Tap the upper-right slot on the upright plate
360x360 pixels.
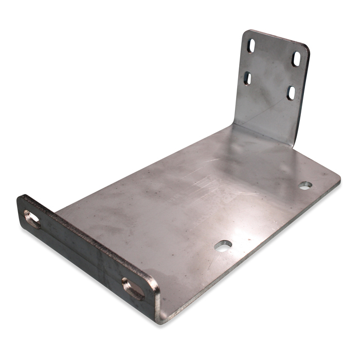[297, 59]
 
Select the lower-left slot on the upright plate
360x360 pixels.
[247, 78]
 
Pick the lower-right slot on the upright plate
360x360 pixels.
[291, 93]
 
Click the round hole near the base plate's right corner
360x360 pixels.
[305, 185]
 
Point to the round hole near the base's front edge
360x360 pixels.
[223, 246]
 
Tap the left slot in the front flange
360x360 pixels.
[32, 220]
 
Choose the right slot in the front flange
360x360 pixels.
[133, 289]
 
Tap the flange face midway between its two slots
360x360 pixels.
[82, 255]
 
